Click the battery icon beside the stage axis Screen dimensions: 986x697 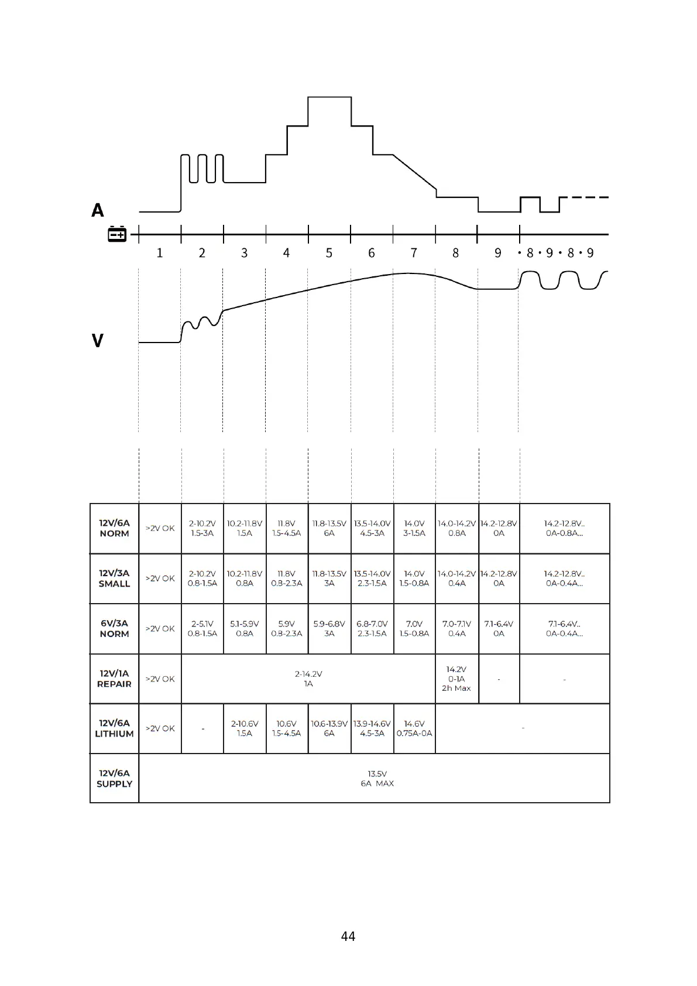tap(117, 234)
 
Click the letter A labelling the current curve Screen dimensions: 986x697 tap(98, 210)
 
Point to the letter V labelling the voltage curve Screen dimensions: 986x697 tap(98, 340)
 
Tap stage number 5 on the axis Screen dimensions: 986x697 tap(329, 253)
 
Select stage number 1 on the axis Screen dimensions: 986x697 tap(160, 253)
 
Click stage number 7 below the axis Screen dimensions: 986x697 tap(414, 253)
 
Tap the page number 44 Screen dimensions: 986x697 tap(348, 936)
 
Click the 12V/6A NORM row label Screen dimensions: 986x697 tap(114, 528)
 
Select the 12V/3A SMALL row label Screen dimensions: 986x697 tap(114, 578)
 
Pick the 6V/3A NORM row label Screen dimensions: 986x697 tap(114, 628)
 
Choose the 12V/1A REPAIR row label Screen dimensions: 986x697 tap(114, 679)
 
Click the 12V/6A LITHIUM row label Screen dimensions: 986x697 tap(114, 728)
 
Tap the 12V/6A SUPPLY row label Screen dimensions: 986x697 tap(114, 778)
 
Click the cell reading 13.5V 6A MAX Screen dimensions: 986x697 tap(377, 778)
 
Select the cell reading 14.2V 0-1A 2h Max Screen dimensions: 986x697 tap(456, 679)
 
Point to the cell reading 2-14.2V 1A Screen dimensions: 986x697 tap(308, 679)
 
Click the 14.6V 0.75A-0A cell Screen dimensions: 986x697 tap(414, 728)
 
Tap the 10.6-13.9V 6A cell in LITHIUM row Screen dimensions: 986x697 tap(329, 728)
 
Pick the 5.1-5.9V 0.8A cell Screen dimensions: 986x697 tap(245, 628)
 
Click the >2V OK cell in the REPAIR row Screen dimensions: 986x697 tap(160, 679)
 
